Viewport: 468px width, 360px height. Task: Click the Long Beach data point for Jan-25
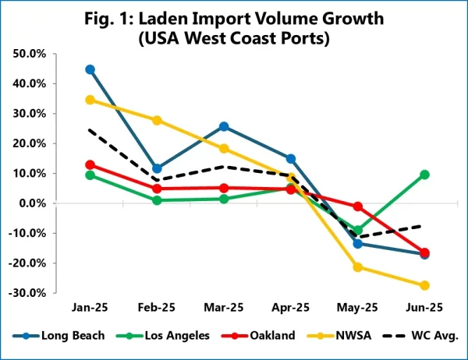tap(90, 69)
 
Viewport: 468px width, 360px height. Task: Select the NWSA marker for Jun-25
tap(425, 285)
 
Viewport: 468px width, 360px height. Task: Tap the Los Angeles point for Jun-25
tap(425, 175)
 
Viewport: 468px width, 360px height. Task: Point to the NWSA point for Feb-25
tap(158, 120)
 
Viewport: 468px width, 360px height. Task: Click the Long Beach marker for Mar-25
tap(225, 126)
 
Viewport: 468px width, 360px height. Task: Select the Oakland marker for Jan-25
tap(90, 164)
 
